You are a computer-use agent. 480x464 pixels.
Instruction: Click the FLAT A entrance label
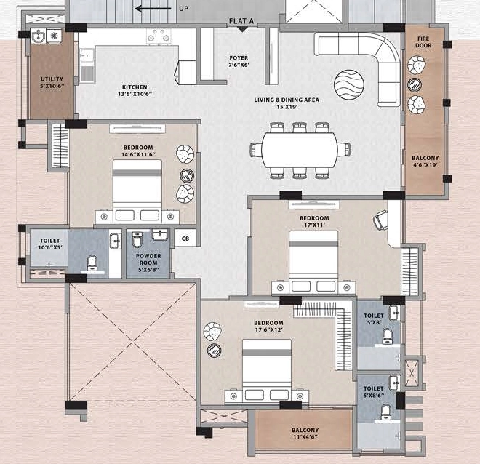(x=241, y=21)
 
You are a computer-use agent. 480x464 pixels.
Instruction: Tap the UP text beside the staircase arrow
(x=184, y=9)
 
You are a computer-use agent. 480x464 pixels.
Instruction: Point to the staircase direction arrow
(x=153, y=9)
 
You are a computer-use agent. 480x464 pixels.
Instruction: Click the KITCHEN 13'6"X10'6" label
(x=135, y=91)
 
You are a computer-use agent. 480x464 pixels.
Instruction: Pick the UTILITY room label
(x=52, y=82)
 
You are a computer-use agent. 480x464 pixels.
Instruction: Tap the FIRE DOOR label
(x=423, y=42)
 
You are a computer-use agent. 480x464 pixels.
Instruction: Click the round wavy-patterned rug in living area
(x=349, y=84)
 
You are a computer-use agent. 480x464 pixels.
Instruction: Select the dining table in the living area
(x=300, y=150)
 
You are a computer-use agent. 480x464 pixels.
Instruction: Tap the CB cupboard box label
(x=185, y=239)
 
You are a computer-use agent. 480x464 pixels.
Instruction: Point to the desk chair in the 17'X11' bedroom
(x=380, y=220)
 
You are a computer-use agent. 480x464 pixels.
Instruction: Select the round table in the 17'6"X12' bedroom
(x=215, y=350)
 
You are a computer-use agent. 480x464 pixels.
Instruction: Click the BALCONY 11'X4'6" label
(x=305, y=433)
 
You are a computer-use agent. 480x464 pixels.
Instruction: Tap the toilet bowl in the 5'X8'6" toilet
(x=386, y=412)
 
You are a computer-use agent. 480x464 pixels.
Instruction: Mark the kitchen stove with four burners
(x=159, y=36)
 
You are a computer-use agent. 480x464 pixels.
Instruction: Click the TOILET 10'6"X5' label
(x=50, y=244)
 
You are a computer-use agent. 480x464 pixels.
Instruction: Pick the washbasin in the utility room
(x=39, y=36)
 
